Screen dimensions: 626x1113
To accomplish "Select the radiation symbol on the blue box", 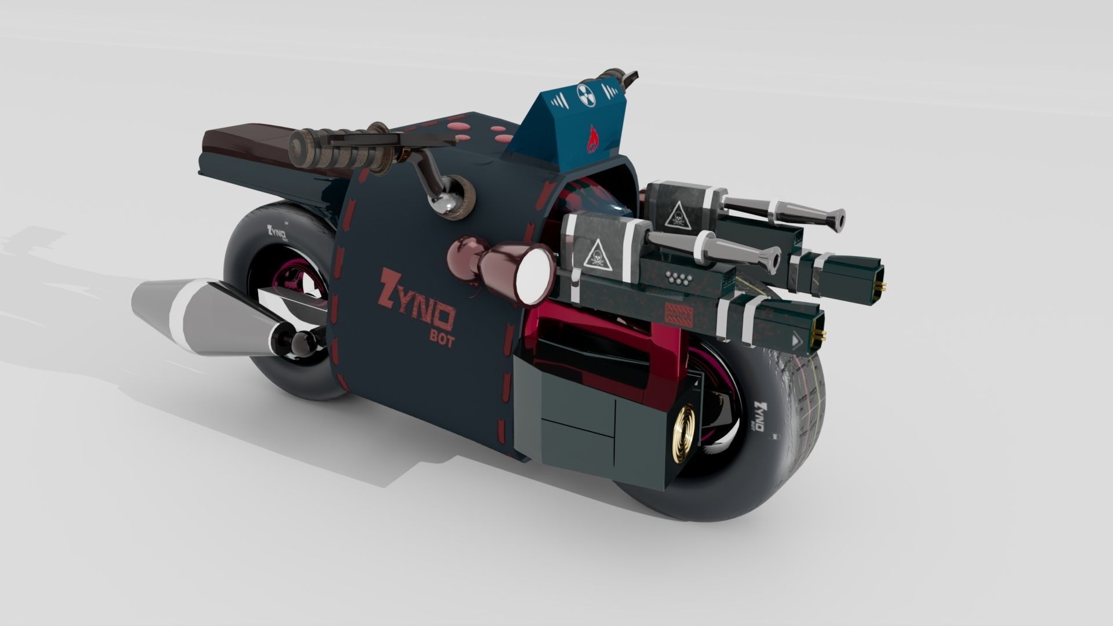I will tap(583, 92).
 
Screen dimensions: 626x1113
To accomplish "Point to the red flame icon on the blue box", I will tap(593, 138).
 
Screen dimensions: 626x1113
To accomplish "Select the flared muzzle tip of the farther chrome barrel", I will tap(836, 217).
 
